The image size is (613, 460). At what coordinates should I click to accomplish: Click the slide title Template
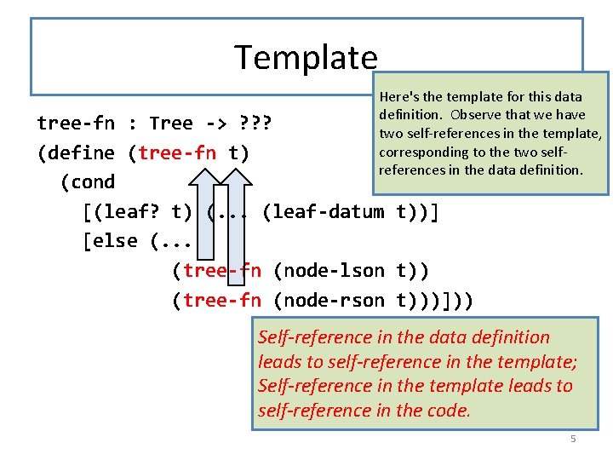coord(306,57)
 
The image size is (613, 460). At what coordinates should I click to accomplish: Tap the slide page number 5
coord(573,439)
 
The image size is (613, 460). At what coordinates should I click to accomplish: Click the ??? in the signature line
coord(255,123)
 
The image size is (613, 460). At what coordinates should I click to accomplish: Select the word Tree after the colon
coord(171,123)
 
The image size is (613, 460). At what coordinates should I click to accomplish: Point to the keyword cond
coord(88,181)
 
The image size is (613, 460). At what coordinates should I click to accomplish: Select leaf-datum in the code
coord(329,211)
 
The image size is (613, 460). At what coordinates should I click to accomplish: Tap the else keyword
coord(116,240)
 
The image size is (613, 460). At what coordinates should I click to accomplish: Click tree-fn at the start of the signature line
coord(76,123)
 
